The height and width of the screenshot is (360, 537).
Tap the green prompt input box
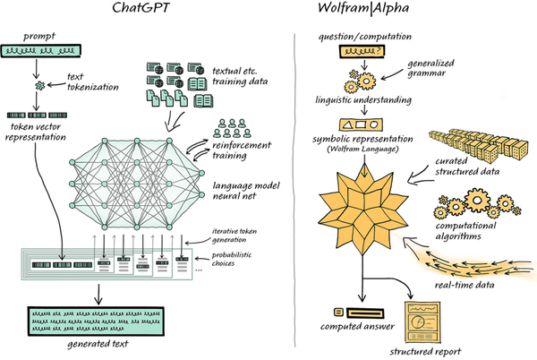point(41,53)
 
